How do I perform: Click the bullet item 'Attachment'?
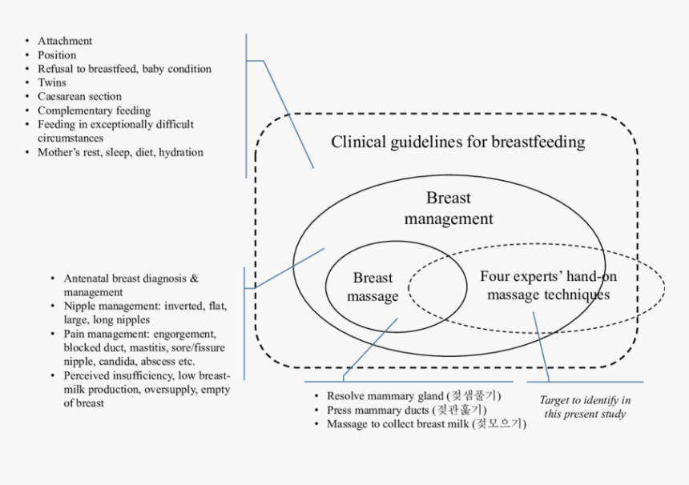click(65, 41)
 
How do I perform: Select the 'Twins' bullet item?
click(52, 82)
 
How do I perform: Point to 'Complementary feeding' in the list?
click(94, 110)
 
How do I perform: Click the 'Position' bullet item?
click(57, 55)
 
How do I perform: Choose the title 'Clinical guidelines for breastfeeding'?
click(457, 142)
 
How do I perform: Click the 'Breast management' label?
click(448, 208)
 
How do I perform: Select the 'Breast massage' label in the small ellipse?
click(373, 287)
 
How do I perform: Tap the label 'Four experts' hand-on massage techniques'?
click(548, 286)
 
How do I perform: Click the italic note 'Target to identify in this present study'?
click(584, 407)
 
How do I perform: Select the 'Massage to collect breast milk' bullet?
click(425, 424)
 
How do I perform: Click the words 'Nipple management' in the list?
click(108, 307)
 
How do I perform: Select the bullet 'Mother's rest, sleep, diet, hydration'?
click(120, 152)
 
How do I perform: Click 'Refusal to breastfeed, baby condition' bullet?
click(124, 69)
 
